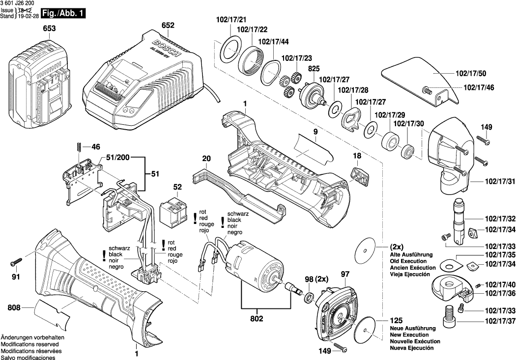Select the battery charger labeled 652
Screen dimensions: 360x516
tap(143, 74)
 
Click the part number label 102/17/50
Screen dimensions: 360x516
tap(471, 74)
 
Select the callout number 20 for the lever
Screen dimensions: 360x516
tap(206, 158)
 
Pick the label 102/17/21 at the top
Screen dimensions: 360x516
tap(231, 20)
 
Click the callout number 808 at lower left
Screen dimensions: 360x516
tap(14, 308)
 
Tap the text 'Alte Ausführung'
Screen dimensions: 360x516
tap(411, 254)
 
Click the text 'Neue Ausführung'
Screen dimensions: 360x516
tap(412, 328)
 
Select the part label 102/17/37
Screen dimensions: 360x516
tap(499, 322)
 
